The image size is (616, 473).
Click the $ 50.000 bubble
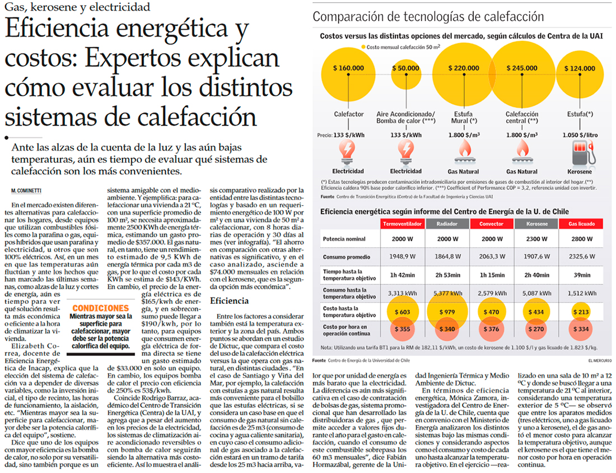[407, 68]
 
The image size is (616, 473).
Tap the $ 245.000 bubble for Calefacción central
[521, 68]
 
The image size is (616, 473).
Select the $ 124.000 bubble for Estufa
[580, 68]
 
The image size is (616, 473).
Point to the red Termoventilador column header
[402, 224]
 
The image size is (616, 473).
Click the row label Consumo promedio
[347, 257]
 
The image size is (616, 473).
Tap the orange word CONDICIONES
[100, 308]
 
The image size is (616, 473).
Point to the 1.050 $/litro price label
[580, 135]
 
